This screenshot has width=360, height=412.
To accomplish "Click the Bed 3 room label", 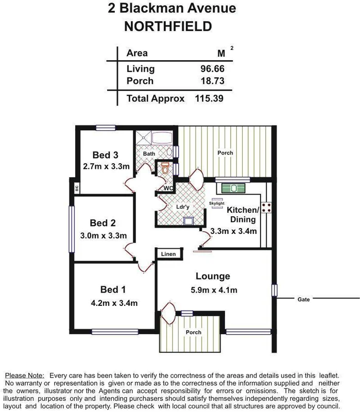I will click(x=106, y=155).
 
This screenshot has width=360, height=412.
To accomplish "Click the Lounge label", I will click(x=213, y=277).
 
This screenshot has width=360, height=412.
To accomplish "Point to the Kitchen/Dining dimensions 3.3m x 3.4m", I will click(x=234, y=231).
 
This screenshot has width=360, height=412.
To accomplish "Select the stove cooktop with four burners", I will click(x=267, y=208).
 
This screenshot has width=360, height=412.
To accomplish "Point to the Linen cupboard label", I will click(x=168, y=254).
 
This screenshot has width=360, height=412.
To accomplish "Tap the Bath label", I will click(x=149, y=153).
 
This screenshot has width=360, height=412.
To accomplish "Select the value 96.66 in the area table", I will click(x=212, y=68).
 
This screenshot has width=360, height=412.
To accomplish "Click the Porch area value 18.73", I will click(x=212, y=81).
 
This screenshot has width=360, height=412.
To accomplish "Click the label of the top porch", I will click(x=225, y=153).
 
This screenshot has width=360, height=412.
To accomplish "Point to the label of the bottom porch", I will click(x=193, y=332).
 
